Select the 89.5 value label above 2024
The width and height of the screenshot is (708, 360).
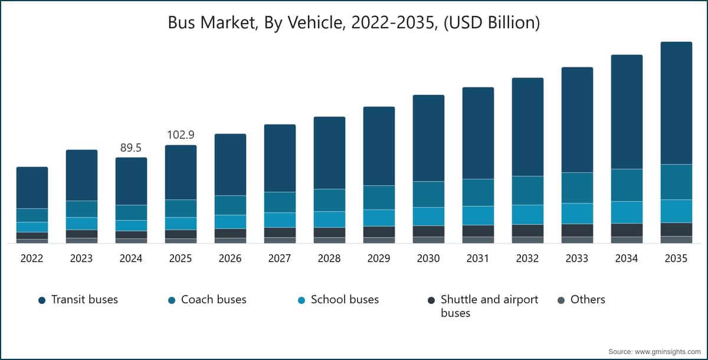131,148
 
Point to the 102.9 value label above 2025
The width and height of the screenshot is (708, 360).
181,135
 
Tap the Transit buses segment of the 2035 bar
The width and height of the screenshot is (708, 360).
676,103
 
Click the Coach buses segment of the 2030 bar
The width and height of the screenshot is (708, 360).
428,194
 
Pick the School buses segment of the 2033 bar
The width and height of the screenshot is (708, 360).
577,213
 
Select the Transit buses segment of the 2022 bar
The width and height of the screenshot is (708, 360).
32,188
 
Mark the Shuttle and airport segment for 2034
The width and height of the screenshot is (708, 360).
627,230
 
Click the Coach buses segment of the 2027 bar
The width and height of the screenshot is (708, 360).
280,202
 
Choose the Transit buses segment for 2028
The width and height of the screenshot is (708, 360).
329,153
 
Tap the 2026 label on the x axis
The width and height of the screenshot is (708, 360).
230,258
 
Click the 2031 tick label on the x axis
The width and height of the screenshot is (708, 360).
478,258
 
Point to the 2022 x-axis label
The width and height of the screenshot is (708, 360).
32,258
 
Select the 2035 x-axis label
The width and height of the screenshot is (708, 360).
676,258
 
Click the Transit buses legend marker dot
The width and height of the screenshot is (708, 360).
42,300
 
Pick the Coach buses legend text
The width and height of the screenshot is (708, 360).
214,300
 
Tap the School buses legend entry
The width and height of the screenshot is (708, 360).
345,300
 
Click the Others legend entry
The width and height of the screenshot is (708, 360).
588,300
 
